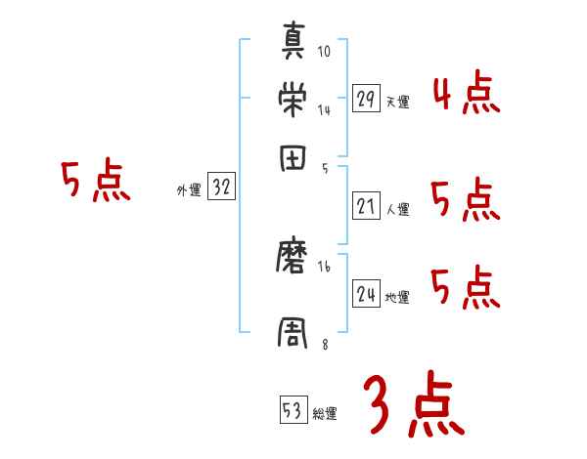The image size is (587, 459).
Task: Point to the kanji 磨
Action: (294, 258)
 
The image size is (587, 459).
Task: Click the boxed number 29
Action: (366, 100)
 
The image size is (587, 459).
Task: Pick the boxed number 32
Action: (221, 188)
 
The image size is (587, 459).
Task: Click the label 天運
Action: (397, 102)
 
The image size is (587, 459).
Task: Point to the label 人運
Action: (397, 209)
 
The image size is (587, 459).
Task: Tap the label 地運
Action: (397, 297)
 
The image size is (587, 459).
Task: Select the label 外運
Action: (188, 190)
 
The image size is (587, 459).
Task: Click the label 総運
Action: (325, 413)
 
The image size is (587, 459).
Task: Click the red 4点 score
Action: (466, 93)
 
